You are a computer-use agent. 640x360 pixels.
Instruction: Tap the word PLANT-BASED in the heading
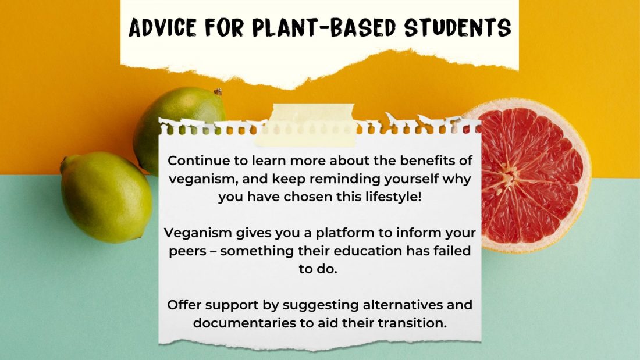point(324,27)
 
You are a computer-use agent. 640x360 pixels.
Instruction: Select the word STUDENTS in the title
point(457,27)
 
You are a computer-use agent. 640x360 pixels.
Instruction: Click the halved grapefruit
point(531,176)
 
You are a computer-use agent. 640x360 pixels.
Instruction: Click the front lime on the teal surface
point(106,197)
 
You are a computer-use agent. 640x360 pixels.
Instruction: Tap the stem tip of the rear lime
point(218,92)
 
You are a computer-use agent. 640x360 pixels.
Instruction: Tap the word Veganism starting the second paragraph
point(198,233)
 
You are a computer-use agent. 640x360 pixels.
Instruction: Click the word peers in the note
point(187,251)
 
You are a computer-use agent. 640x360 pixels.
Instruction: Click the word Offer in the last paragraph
point(184,305)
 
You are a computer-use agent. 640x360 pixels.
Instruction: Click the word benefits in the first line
point(428,161)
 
